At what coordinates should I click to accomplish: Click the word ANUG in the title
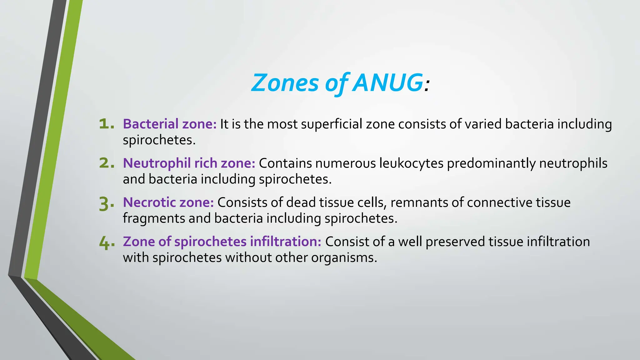click(387, 83)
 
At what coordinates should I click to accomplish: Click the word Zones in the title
click(285, 83)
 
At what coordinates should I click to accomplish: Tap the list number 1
click(106, 124)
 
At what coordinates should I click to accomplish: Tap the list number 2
click(106, 163)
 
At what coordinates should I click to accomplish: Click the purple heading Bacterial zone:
click(170, 124)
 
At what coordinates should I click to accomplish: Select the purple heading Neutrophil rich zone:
click(189, 163)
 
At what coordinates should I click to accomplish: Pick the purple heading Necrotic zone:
click(168, 202)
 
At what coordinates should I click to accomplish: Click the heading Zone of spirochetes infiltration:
click(222, 242)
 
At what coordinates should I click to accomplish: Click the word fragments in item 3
click(154, 218)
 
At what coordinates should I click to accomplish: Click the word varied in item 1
click(483, 124)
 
